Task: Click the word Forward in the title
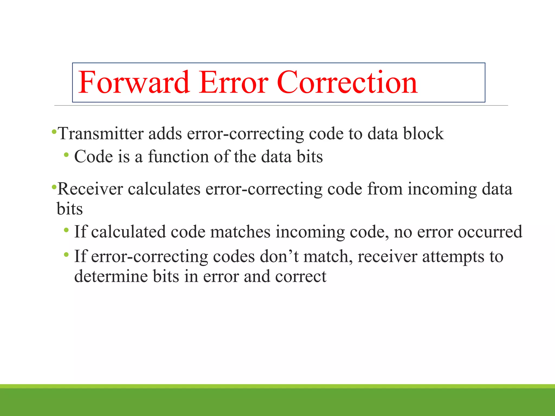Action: pos(134,82)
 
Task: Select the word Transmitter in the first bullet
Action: pos(101,134)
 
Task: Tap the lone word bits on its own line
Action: pos(70,209)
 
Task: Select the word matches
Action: pos(240,232)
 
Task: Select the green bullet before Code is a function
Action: pos(66,155)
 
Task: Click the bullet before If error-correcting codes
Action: pos(66,255)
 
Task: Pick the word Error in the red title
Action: pos(233,82)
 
